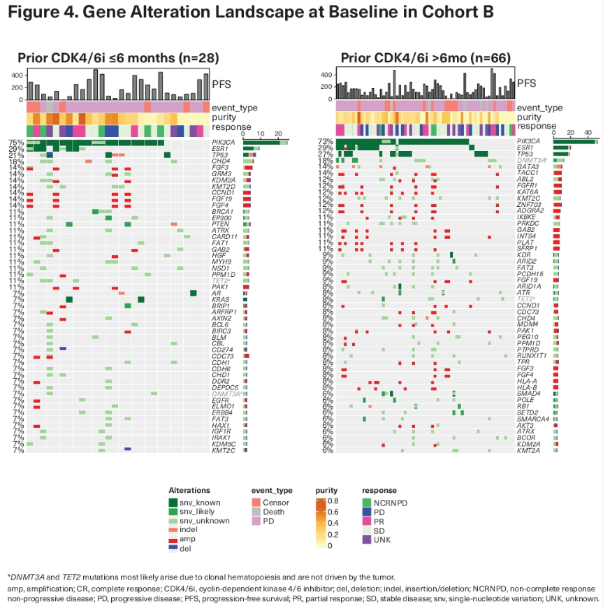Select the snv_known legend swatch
click(x=174, y=503)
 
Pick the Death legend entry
click(x=275, y=512)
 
